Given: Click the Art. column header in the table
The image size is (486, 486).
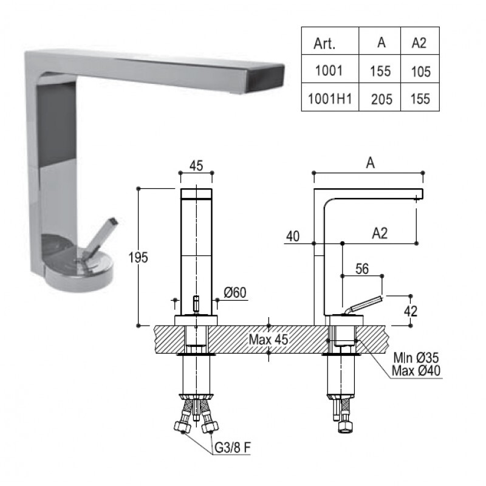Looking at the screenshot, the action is (x=324, y=43).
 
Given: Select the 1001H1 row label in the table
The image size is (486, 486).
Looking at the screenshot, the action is (x=330, y=99).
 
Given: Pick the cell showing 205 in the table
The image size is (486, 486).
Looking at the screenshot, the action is (x=382, y=100).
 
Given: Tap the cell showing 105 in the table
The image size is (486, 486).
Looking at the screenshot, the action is (x=420, y=72).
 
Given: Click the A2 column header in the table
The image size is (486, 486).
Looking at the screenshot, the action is (x=419, y=43).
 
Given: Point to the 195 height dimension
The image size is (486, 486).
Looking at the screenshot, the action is (x=139, y=257).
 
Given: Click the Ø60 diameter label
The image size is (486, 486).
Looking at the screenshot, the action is (x=235, y=292).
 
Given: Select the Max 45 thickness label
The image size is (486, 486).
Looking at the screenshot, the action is (x=269, y=340).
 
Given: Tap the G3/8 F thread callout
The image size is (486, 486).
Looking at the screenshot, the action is (x=233, y=447).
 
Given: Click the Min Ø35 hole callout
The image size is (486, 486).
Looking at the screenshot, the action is (x=416, y=358).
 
